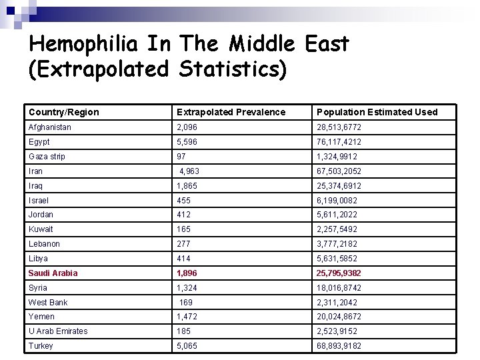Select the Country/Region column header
point(63,112)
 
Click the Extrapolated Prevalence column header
point(231,112)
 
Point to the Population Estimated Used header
point(377,112)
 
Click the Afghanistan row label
point(50,127)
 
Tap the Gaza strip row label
point(47,157)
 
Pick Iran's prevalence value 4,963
point(189,171)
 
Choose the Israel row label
point(39,201)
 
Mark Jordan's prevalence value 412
point(183,215)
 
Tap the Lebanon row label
point(44,244)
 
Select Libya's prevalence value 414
point(183,259)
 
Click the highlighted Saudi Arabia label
point(53,273)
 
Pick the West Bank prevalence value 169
point(186,303)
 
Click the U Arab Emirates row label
point(58,331)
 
